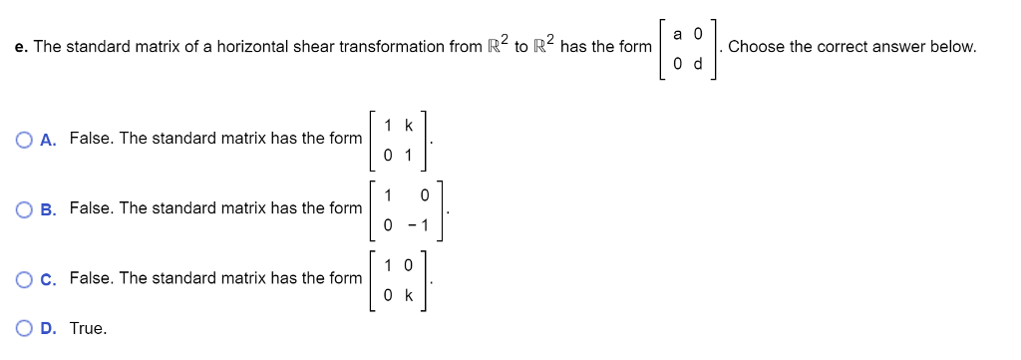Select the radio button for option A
(24, 139)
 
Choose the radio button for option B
(24, 208)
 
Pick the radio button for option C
(24, 278)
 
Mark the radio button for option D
(24, 328)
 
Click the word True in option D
(88, 328)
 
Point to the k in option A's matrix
(408, 126)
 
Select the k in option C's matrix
(408, 295)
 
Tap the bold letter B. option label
(48, 208)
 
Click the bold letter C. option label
(48, 278)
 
